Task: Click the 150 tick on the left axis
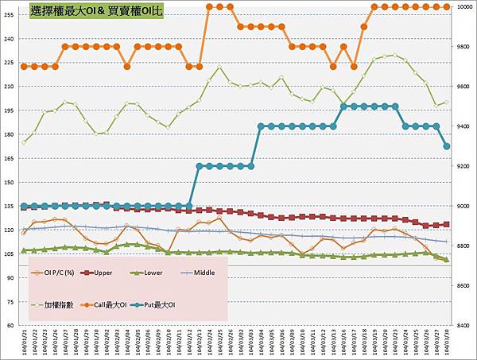click(10, 182)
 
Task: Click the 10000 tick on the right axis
click(463, 7)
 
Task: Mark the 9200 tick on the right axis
click(461, 166)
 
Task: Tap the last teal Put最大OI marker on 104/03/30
click(447, 146)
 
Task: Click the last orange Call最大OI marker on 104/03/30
click(447, 6)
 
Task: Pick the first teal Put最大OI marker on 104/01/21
click(24, 207)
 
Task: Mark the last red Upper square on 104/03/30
click(447, 224)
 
